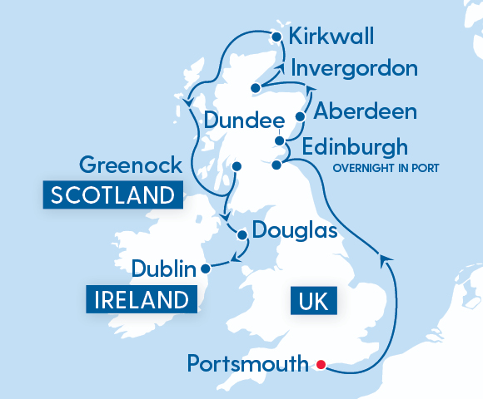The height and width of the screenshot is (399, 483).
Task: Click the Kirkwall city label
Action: [331, 37]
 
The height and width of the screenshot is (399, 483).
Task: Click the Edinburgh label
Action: [356, 148]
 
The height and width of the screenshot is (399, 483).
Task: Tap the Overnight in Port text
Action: [386, 168]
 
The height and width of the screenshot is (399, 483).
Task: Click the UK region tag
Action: [313, 299]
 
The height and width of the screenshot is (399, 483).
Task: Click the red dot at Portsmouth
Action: [321, 364]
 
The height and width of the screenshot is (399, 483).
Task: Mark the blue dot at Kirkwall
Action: [276, 36]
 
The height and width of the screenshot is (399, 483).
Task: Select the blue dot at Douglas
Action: [242, 234]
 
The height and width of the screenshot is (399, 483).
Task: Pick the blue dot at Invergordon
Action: [255, 86]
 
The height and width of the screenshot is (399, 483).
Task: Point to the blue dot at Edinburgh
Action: [277, 165]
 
